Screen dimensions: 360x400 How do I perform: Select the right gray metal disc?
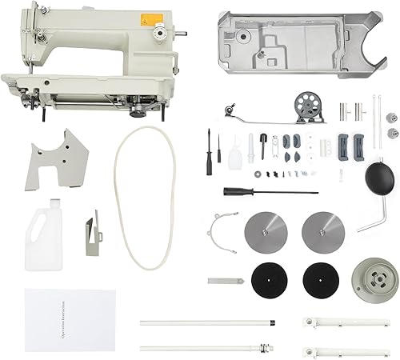320,230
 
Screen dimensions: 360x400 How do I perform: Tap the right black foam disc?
320,279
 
